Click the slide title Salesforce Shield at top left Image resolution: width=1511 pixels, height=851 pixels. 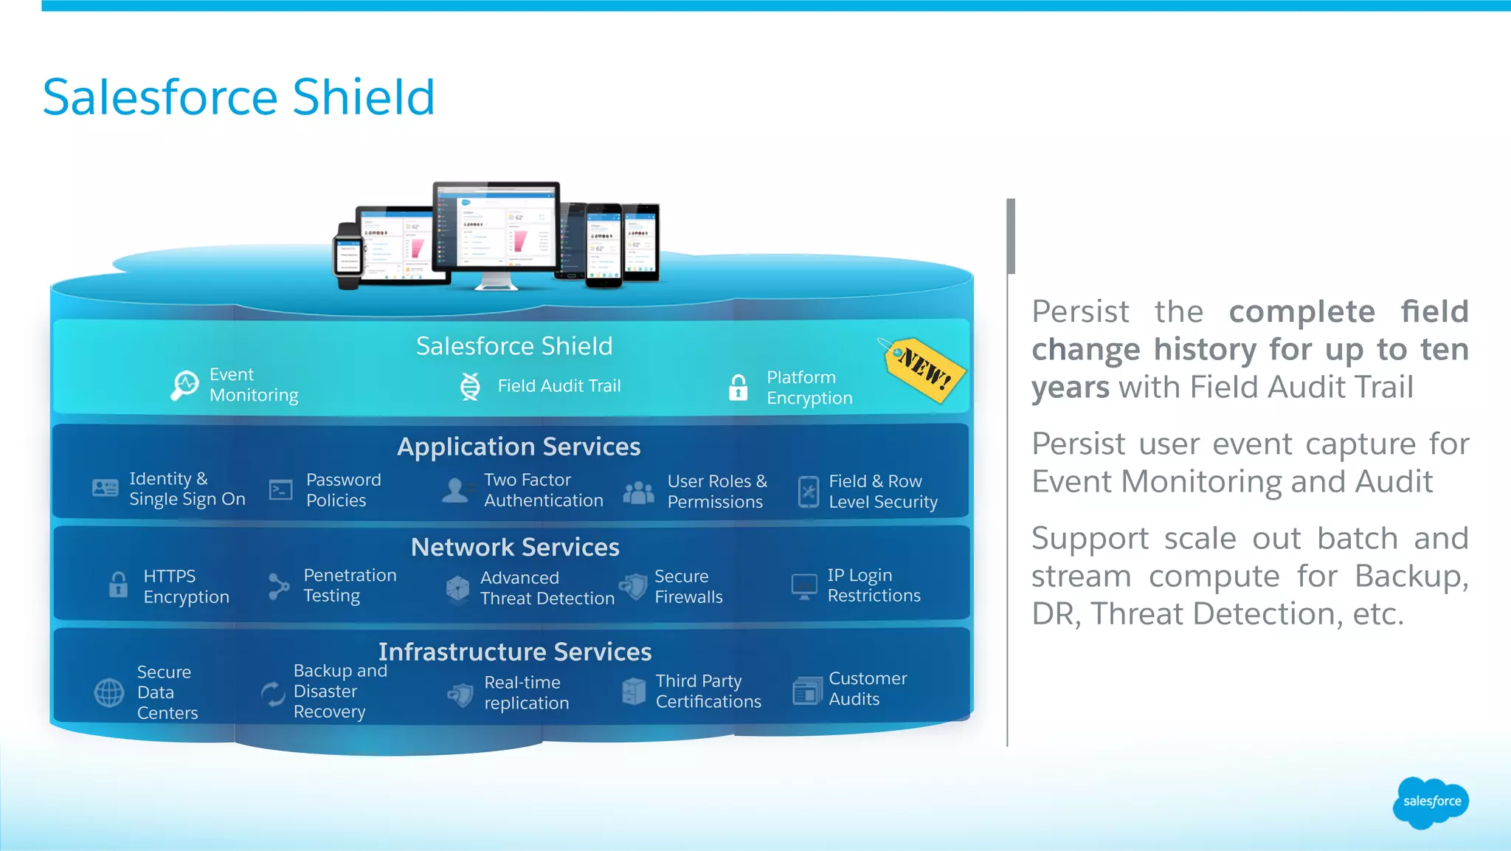pos(238,97)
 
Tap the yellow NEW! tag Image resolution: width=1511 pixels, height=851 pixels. pos(925,368)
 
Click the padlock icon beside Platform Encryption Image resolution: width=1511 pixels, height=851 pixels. pos(738,387)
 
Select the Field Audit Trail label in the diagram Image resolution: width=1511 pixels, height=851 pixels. pos(559,386)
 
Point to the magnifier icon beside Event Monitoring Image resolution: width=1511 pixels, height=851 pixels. pos(184,385)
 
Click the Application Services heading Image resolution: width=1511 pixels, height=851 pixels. pos(519,447)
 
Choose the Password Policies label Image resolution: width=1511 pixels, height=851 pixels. pos(343,490)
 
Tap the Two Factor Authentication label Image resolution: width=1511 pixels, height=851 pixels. pos(543,490)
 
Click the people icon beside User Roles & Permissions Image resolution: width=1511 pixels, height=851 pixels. pos(638,492)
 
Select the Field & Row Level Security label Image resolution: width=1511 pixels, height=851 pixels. pos(882,492)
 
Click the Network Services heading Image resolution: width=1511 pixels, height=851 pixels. pos(515,547)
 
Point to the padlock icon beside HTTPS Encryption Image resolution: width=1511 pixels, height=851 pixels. pos(118,585)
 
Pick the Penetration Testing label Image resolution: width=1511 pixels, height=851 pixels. pos(350,585)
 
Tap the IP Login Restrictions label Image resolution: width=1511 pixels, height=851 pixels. pos(874,585)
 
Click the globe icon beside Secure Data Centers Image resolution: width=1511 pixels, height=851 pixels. pos(109,692)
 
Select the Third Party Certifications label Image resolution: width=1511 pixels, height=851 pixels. pos(708,692)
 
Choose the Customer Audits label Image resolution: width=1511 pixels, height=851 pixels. pos(867,689)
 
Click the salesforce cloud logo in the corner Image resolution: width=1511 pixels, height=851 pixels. pos(1431,802)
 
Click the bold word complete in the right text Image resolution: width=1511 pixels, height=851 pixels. pos(1301,311)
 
